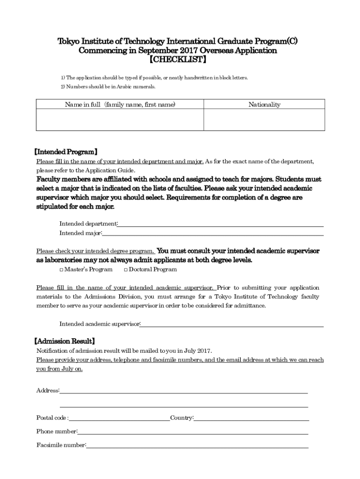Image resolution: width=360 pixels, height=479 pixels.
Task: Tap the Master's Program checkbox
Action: pos(62,269)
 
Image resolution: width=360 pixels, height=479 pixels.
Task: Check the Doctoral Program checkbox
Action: pos(126,269)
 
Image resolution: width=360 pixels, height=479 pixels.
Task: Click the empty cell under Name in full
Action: pos(120,120)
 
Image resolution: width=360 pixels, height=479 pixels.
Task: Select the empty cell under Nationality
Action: pos(264,120)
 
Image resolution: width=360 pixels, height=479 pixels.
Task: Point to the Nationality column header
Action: pos(264,105)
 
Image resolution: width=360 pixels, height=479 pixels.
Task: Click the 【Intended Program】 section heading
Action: pos(66,152)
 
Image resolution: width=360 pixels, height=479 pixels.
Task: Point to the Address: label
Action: pos(48,391)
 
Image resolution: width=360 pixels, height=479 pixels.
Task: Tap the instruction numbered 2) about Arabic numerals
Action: pos(108,87)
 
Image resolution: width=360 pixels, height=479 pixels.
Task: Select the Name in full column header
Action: pos(120,105)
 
